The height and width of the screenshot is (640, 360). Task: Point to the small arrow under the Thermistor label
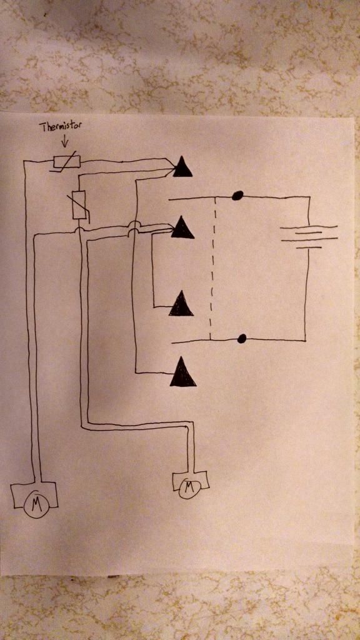coord(64,142)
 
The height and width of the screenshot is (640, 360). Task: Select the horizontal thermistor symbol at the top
coord(66,161)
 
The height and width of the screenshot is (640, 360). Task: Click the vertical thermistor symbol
coord(79,204)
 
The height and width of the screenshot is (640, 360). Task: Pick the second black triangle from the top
coord(182,227)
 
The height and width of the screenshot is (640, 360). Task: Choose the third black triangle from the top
coord(181,304)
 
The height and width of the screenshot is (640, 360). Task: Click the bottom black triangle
coord(183,372)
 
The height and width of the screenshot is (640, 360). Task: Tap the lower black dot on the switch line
coord(242,338)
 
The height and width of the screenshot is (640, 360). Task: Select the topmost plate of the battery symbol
coord(309,227)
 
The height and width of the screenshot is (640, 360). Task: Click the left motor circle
coord(36,504)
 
